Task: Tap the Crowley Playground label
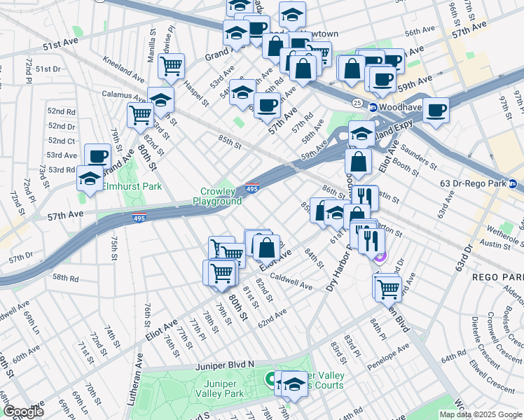pos(221,196)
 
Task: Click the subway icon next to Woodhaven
pos(373,107)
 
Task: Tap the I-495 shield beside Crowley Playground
pos(253,188)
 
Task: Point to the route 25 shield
pos(357,103)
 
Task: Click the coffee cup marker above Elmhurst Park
pos(98,155)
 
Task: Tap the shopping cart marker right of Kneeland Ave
pos(171,66)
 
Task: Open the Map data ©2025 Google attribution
pos(481,414)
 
